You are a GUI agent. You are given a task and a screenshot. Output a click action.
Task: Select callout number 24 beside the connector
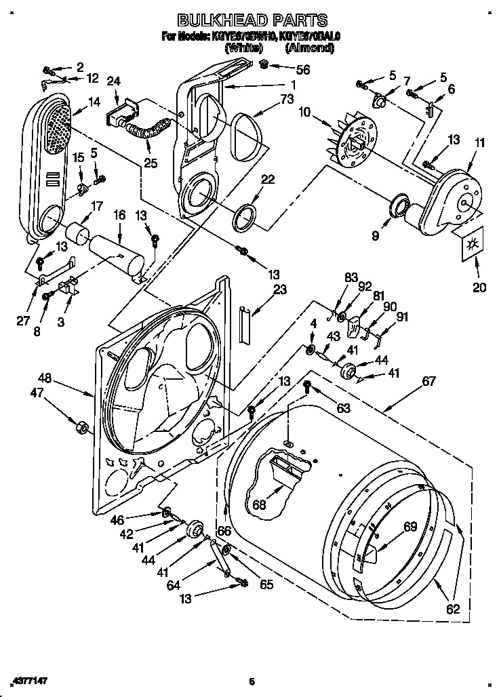(114, 81)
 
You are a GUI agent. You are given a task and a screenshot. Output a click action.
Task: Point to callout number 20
(479, 287)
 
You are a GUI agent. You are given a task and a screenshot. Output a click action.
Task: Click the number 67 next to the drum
(428, 381)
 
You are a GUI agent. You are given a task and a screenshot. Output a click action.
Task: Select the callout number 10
(305, 111)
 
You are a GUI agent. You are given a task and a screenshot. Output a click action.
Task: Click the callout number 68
(258, 505)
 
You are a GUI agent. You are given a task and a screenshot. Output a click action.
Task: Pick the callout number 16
(119, 215)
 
